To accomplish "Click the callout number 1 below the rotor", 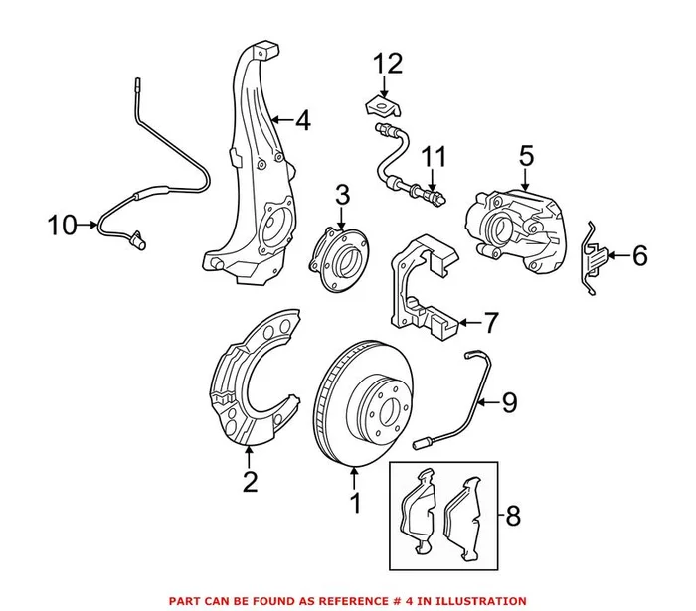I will [x=354, y=506].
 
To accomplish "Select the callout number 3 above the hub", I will [x=341, y=195].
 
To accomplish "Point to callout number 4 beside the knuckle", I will [x=302, y=122].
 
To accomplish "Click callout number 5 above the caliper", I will [x=526, y=155].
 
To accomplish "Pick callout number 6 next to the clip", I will [x=638, y=257].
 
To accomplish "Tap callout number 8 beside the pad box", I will [x=512, y=517].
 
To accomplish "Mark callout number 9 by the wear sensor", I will [x=508, y=402].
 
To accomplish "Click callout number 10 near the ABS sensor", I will [x=61, y=226].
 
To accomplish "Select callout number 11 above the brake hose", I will [x=434, y=156].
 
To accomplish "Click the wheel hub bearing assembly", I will [x=339, y=253].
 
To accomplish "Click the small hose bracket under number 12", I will [x=380, y=103].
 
